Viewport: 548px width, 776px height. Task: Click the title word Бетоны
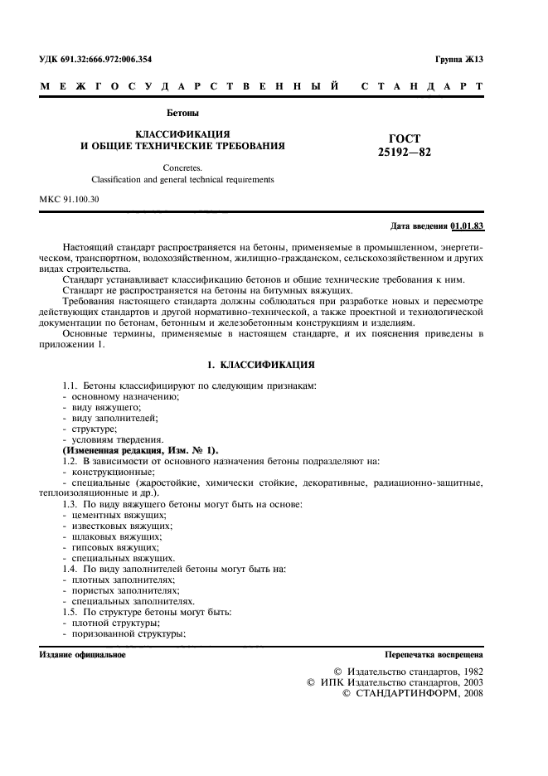pyautogui.click(x=183, y=113)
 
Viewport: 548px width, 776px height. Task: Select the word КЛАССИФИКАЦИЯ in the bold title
pyautogui.click(x=182, y=133)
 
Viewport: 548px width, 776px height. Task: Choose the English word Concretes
pyautogui.click(x=182, y=167)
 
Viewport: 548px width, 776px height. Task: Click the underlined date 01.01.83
pyautogui.click(x=468, y=226)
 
